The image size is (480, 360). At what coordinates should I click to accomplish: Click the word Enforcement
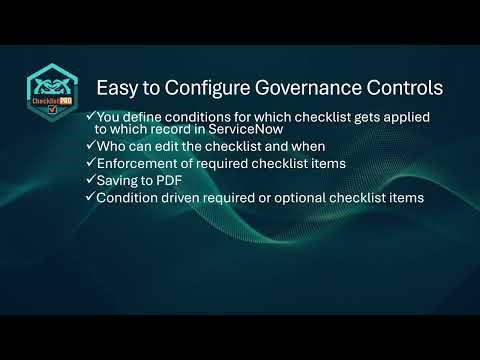coord(141,164)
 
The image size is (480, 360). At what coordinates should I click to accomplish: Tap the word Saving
coord(118,181)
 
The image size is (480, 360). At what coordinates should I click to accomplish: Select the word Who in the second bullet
coord(110,147)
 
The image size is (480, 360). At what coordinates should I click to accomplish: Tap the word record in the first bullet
coord(166,130)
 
